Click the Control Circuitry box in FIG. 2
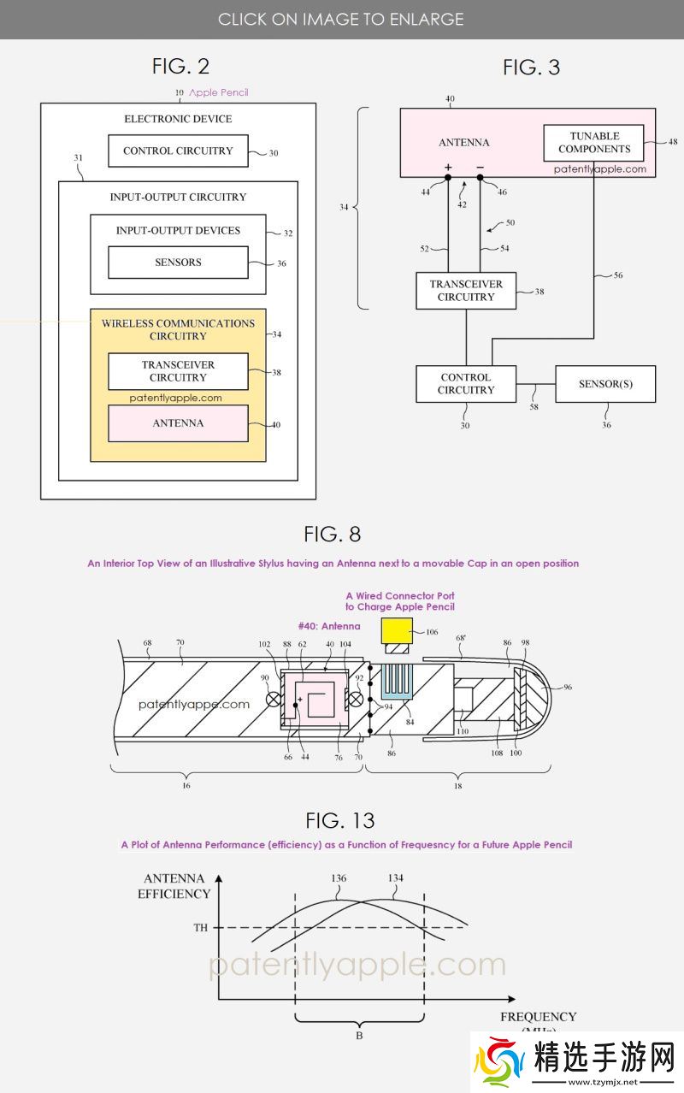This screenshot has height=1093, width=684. tap(178, 151)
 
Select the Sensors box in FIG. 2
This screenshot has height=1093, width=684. tap(178, 263)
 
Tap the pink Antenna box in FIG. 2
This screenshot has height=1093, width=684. tap(178, 423)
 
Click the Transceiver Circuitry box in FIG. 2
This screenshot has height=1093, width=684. tap(178, 371)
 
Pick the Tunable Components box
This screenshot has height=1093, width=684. tap(594, 143)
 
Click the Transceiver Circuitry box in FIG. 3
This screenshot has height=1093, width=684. tap(466, 291)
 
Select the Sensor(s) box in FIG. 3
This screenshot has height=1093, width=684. tap(605, 384)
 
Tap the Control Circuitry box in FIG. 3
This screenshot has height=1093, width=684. tap(466, 384)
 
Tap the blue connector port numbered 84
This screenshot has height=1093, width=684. tap(397, 680)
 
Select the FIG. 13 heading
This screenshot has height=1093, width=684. tap(339, 820)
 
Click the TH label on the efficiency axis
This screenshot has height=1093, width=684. tap(200, 927)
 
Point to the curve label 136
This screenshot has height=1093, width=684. tap(338, 878)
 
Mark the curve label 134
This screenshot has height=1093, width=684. tap(395, 878)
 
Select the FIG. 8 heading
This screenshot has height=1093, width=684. tap(332, 535)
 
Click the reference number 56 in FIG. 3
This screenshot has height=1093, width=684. tap(617, 275)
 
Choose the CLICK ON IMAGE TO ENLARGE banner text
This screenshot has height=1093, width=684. tap(340, 19)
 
